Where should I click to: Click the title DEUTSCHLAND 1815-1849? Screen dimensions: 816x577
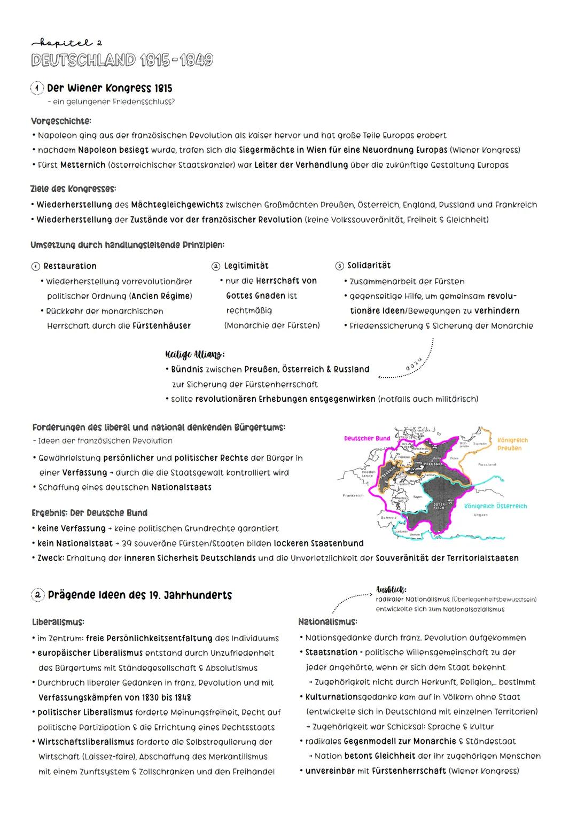(x=122, y=60)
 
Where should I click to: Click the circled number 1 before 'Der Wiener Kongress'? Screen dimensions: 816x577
(x=38, y=88)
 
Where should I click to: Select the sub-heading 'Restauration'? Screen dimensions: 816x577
(x=70, y=266)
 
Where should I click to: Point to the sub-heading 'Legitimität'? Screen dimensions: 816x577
(x=246, y=266)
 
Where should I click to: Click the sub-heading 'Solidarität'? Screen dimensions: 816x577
(x=369, y=266)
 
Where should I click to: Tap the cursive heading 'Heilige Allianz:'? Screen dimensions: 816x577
(x=195, y=354)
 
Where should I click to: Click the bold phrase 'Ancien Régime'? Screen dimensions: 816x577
(x=161, y=296)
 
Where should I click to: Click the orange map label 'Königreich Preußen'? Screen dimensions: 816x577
(x=512, y=444)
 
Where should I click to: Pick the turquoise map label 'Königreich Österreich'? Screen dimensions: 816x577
(x=495, y=506)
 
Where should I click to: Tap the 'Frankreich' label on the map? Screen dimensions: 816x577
(x=353, y=495)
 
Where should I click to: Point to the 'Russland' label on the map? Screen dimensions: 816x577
(x=487, y=464)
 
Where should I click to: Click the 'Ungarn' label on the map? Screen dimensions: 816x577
(x=480, y=515)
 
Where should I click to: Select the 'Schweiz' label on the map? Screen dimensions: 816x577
(x=388, y=517)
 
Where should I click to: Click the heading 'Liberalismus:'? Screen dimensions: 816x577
(x=58, y=623)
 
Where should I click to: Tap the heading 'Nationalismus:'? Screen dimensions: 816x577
(x=328, y=622)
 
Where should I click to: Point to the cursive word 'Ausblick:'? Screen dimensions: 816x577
(x=391, y=590)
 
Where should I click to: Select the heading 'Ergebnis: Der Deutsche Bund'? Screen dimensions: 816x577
(x=89, y=513)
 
